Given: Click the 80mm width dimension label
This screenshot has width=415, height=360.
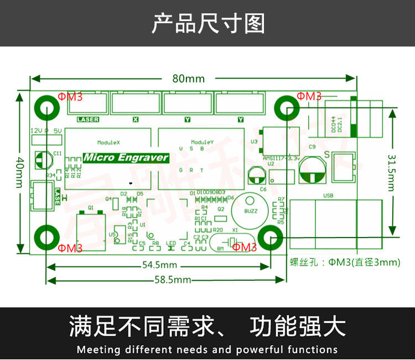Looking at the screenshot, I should click(x=188, y=79).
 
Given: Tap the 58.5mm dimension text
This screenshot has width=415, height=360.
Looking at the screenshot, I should click(x=173, y=280).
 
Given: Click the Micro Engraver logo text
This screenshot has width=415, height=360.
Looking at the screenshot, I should click(x=126, y=157).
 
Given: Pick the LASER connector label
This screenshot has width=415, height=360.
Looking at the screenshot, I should click(x=88, y=119).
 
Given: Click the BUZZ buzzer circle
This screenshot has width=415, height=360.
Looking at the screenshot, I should click(x=247, y=211).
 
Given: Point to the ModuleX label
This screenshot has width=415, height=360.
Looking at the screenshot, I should click(x=108, y=142).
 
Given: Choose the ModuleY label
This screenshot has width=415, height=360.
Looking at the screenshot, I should click(x=201, y=142).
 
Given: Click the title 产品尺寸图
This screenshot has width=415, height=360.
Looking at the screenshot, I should click(x=208, y=24).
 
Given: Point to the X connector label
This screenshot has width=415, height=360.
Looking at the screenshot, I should click(x=136, y=119).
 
